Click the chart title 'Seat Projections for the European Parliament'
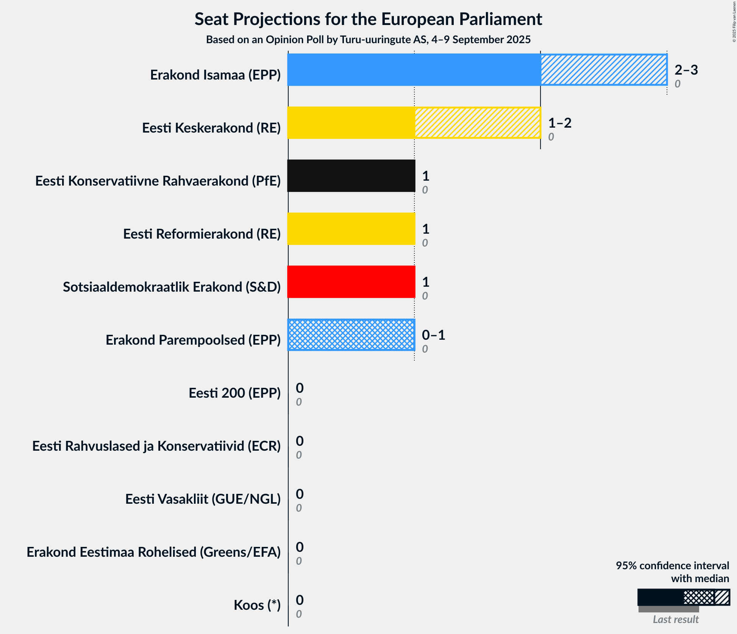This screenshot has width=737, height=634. tap(368, 19)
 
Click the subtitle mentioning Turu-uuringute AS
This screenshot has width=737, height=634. tap(368, 40)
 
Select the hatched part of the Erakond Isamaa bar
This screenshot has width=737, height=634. tap(604, 70)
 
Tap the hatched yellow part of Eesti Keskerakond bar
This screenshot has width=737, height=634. tap(478, 123)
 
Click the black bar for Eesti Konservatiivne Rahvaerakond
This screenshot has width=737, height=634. tap(351, 176)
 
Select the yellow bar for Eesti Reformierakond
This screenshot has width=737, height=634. tap(351, 229)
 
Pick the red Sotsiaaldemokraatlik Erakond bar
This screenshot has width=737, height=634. tap(351, 282)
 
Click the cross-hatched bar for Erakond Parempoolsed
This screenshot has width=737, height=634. tap(351, 335)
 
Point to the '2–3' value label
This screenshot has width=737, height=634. tap(686, 70)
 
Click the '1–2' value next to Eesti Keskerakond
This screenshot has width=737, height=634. tap(560, 123)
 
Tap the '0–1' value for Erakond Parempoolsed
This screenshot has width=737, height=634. tap(433, 335)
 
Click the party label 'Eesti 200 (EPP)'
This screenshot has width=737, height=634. tap(234, 393)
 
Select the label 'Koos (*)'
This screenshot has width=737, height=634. tap(257, 605)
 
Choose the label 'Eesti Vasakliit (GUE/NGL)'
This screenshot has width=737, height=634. tap(203, 499)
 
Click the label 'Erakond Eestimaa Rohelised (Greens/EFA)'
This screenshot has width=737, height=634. tap(153, 552)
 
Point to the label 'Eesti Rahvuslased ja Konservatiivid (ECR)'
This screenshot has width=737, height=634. tap(156, 446)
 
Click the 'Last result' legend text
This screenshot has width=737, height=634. tap(676, 620)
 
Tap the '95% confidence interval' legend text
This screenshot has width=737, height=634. tap(672, 566)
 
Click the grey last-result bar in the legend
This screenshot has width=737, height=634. tap(668, 609)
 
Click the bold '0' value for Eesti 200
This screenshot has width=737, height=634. tap(300, 388)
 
